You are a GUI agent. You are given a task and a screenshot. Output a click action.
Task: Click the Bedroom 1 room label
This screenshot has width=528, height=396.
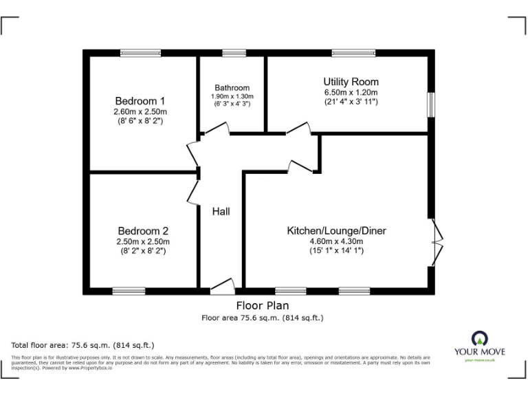point(140,100)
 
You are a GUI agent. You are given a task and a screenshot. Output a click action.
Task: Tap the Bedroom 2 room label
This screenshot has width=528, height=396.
point(142,231)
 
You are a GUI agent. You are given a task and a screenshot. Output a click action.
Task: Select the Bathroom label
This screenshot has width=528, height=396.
point(232,88)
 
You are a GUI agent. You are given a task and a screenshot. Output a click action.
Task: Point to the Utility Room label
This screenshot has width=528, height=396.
point(351,82)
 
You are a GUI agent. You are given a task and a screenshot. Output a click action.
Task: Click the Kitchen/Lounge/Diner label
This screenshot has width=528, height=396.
point(336,230)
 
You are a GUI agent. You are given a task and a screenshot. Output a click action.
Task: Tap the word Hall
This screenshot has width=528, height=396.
point(221,211)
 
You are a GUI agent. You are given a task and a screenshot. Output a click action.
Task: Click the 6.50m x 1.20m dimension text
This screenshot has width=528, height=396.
point(351,92)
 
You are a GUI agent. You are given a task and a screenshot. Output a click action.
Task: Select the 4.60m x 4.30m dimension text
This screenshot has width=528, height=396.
point(336,241)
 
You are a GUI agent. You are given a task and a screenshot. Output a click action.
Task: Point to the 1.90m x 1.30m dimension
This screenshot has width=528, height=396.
point(232,96)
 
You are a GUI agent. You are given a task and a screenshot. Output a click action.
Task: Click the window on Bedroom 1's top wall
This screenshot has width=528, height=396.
point(140,53)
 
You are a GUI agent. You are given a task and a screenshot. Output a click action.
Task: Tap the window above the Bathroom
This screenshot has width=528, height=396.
point(234,53)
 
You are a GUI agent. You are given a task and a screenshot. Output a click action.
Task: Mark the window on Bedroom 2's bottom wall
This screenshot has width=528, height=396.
point(129,290)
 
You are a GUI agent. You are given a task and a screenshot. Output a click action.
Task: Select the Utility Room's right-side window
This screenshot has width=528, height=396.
point(430,106)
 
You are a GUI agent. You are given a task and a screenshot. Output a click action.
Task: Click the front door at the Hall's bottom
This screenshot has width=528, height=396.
point(222,285)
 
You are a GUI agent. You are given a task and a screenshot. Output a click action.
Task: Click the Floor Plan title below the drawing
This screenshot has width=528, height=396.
point(262,305)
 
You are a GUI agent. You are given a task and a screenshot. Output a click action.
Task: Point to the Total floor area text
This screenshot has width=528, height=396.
point(83,344)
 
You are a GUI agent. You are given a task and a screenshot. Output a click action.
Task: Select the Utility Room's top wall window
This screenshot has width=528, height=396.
point(353,53)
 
